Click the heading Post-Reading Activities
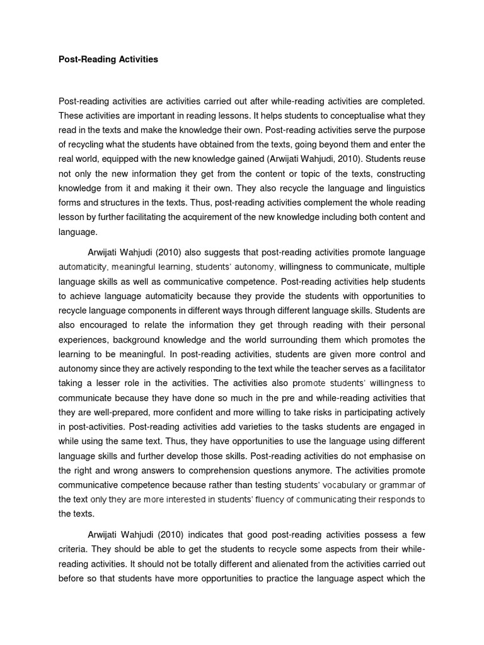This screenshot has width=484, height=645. pos(108,60)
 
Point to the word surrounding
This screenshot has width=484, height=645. pos(274,340)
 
